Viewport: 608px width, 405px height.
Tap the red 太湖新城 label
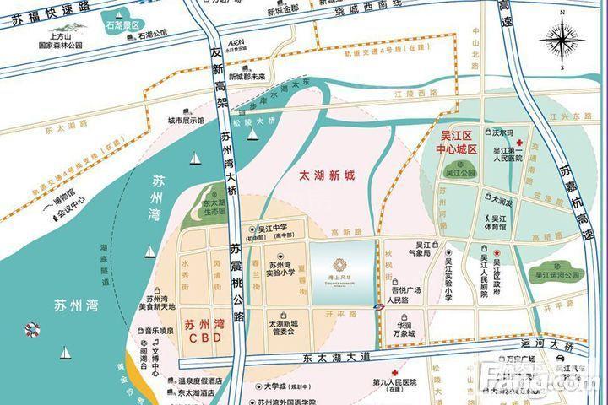pos(328,176)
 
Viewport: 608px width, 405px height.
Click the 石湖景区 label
pos(122,25)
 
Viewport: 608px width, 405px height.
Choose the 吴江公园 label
pos(461,173)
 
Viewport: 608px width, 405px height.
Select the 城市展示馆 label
pos(186,120)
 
